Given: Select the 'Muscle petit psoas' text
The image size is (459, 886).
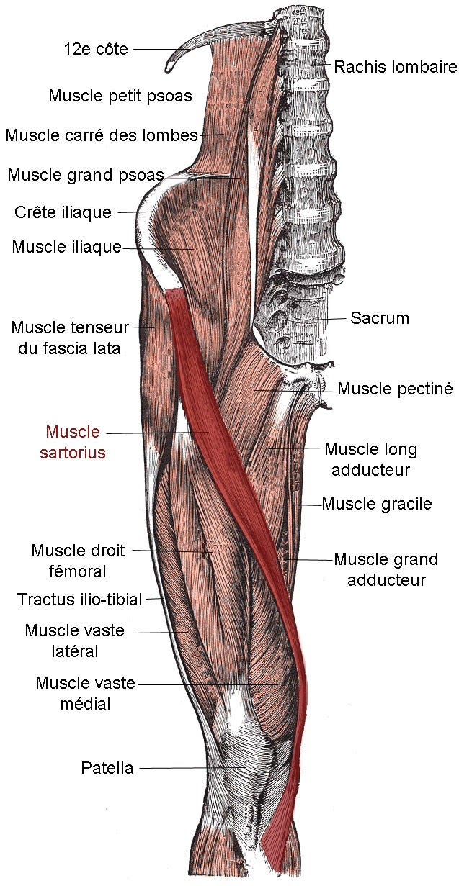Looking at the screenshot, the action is (120, 95).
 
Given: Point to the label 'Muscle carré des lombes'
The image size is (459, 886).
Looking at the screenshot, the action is (101, 135).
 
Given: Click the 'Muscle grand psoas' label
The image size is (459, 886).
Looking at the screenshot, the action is (86, 174).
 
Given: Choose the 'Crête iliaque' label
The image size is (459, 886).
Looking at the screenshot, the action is (63, 212).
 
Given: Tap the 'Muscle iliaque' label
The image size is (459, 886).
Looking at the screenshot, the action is (66, 247).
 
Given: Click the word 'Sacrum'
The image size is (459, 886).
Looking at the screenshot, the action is (379, 317).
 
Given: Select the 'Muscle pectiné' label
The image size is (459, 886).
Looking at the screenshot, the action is (395, 389).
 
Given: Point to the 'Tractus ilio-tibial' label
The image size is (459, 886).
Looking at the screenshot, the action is (80, 598).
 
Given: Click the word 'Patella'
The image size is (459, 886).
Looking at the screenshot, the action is (107, 768).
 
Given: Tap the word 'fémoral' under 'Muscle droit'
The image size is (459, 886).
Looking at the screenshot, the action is (78, 571).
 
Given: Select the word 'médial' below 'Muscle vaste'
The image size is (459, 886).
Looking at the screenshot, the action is (85, 703).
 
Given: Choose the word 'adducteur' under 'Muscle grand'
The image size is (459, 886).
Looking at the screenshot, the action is (386, 579).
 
